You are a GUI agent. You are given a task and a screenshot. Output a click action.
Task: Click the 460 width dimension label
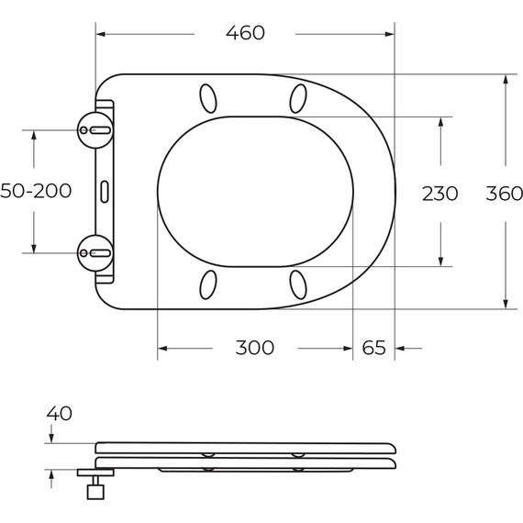point(245,33)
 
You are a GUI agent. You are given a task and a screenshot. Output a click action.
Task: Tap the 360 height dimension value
point(504,194)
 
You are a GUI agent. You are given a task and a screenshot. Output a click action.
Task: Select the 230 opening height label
point(440,194)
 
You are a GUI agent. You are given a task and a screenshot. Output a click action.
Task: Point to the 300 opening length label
point(254,348)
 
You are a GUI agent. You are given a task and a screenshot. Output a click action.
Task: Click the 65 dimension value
point(373,348)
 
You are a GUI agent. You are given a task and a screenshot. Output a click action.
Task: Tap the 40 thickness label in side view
point(59,414)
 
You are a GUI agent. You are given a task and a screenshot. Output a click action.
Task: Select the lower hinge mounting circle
point(95,250)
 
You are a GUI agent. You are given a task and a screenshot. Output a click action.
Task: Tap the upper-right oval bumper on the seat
point(298,96)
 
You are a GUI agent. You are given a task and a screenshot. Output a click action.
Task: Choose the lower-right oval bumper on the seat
point(298,284)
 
